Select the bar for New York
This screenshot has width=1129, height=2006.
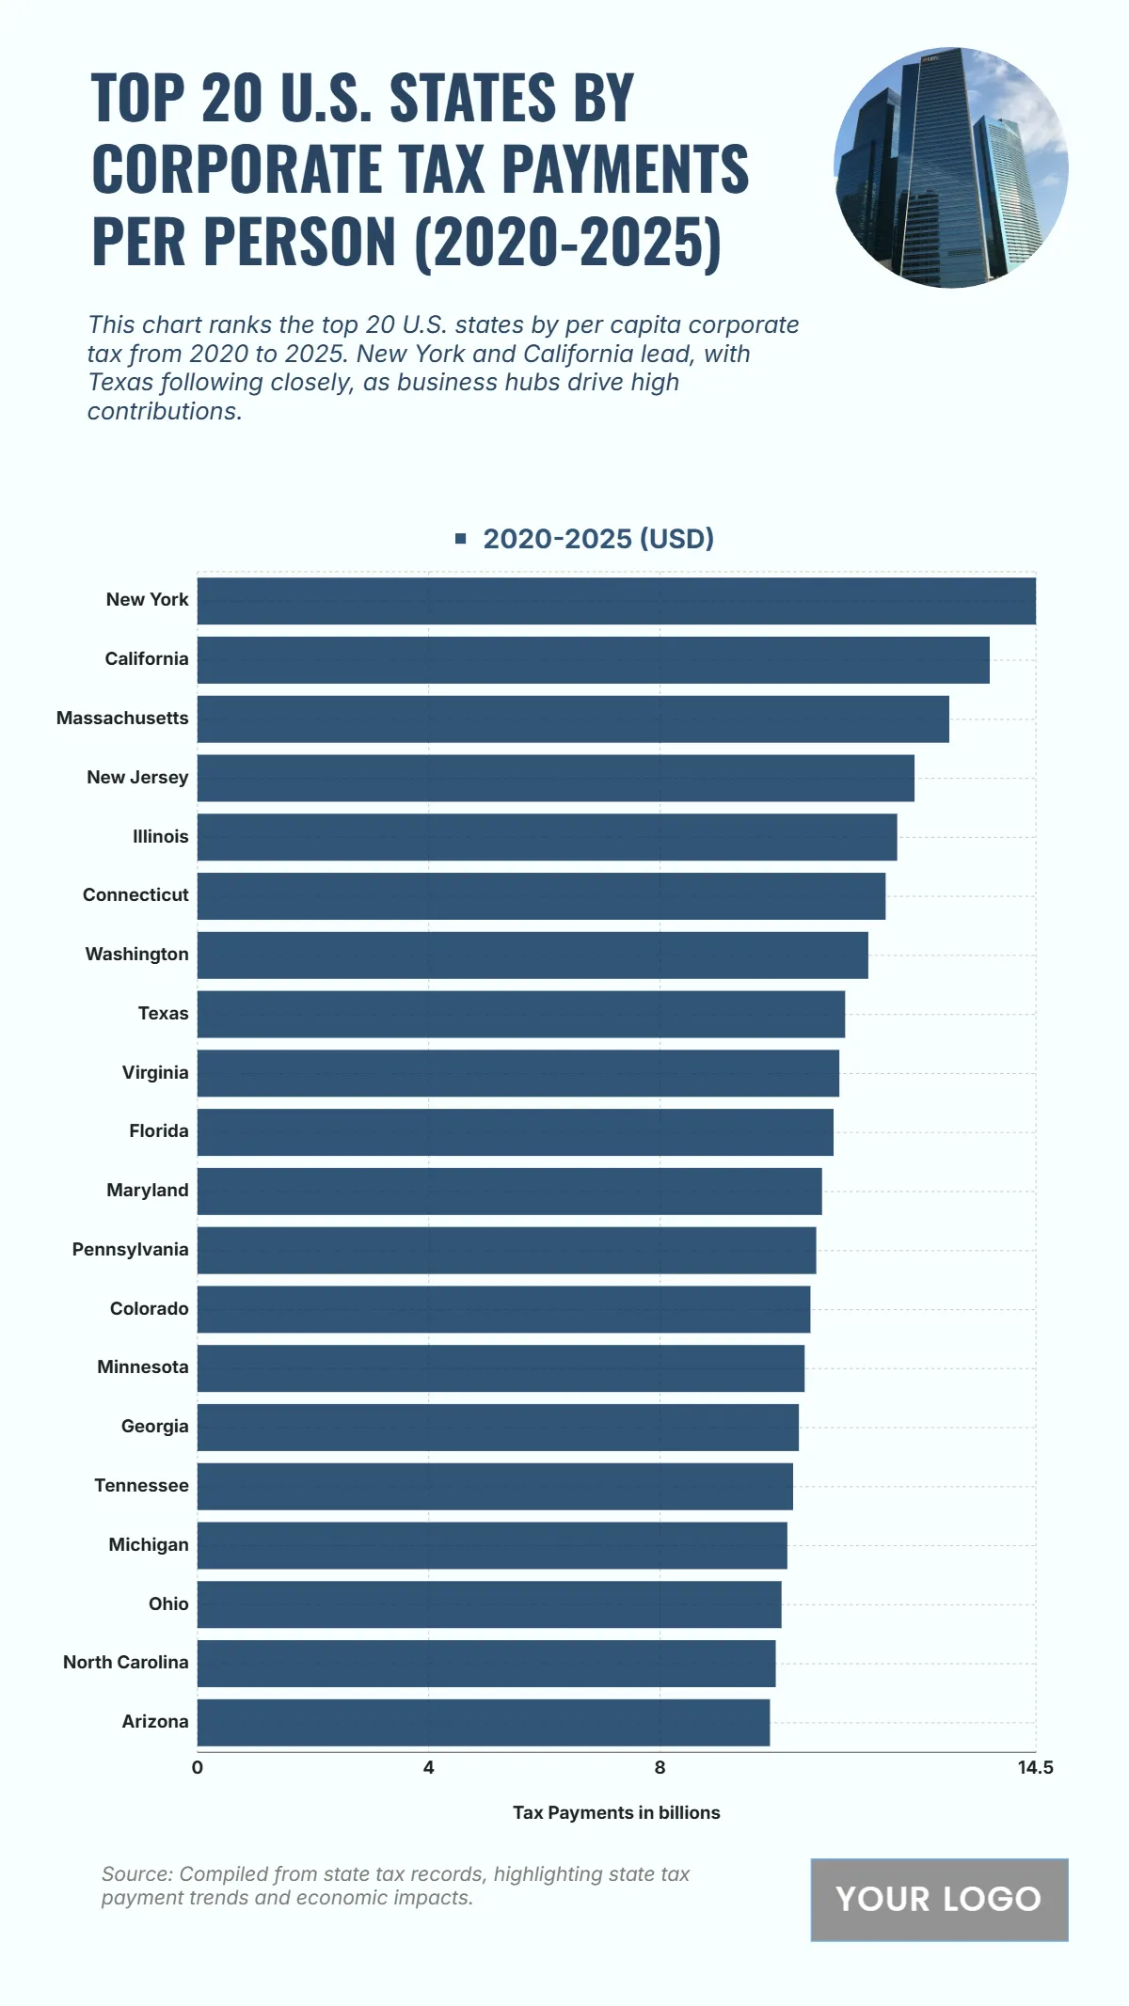tap(616, 601)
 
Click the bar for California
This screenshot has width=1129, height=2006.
tap(593, 660)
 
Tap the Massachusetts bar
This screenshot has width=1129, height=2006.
tap(573, 719)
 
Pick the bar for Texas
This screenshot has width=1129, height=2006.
tap(521, 1014)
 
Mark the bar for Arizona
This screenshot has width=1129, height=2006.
tap(484, 1722)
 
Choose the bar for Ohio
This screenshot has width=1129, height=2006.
tap(489, 1604)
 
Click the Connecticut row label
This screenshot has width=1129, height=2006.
tap(135, 895)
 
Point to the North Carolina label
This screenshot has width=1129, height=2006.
tap(126, 1663)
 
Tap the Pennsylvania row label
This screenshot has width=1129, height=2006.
tap(131, 1250)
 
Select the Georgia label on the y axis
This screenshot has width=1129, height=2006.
tap(155, 1427)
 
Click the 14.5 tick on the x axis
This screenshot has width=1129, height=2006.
tap(1035, 1768)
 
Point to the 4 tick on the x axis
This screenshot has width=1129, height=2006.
tap(429, 1768)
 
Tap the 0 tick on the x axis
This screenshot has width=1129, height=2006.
tap(198, 1768)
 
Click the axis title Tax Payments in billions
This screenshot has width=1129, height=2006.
tap(616, 1813)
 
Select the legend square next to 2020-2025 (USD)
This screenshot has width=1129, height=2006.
tap(461, 539)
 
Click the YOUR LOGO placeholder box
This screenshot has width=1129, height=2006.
tap(939, 1900)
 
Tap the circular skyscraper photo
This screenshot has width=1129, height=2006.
tap(950, 167)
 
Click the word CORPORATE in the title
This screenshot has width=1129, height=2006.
tap(236, 169)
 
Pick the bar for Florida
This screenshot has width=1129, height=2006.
tap(516, 1132)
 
